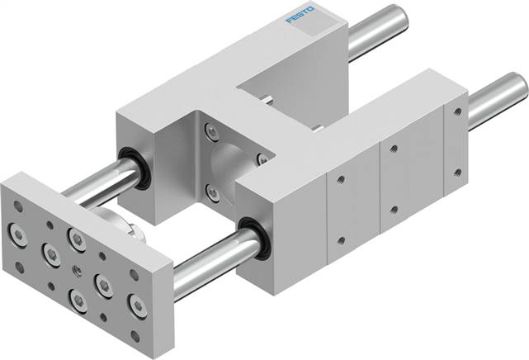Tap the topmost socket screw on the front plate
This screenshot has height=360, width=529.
coord(78,240)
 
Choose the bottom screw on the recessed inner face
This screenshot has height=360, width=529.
coord(213,193)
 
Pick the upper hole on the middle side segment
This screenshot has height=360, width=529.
coord(394,150)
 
